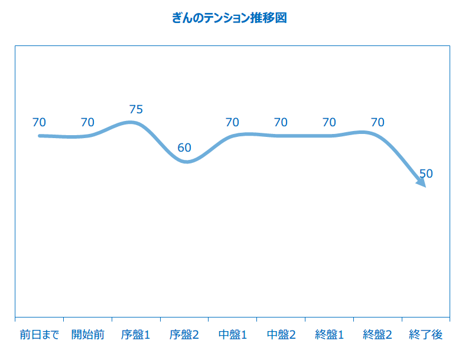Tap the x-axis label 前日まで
(39, 335)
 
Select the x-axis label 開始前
(87, 335)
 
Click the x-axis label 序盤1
(136, 335)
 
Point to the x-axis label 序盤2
(184, 335)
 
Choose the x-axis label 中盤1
(232, 335)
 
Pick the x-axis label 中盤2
(281, 335)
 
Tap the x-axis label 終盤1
(329, 335)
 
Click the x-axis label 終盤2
(378, 335)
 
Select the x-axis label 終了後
(425, 335)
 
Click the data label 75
(136, 109)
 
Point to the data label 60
(184, 148)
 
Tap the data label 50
(426, 174)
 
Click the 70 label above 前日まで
(39, 122)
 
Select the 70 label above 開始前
(87, 122)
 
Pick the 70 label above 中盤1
(232, 122)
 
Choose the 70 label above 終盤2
(378, 122)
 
